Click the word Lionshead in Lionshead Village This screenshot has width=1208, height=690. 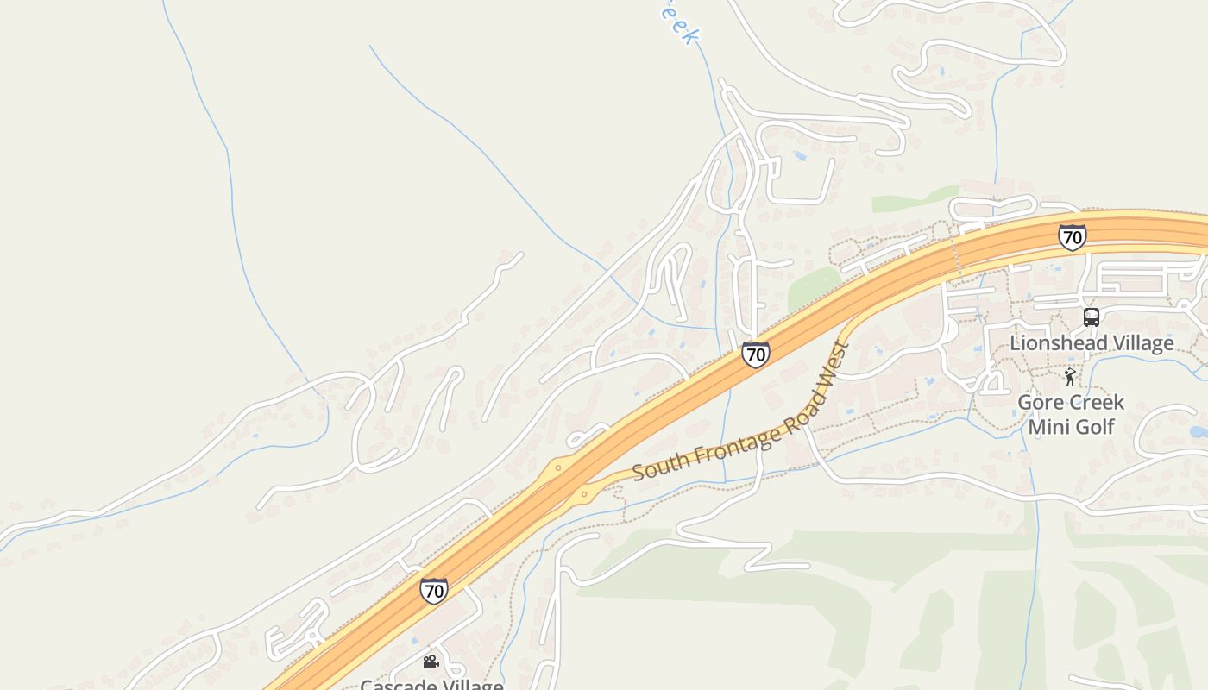[1056, 343]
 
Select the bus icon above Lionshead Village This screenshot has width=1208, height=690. [1092, 317]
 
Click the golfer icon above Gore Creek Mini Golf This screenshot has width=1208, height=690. [1070, 376]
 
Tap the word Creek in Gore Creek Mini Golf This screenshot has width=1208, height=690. [1097, 403]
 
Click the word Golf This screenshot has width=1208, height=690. [1094, 427]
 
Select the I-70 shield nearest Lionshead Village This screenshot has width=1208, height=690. [1072, 237]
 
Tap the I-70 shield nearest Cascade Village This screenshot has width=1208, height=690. [434, 591]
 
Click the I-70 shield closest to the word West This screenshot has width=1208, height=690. [755, 354]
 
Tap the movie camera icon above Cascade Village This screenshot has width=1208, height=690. [431, 662]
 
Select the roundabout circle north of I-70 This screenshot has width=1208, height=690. [558, 468]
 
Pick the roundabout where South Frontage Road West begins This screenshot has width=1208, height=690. [585, 494]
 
